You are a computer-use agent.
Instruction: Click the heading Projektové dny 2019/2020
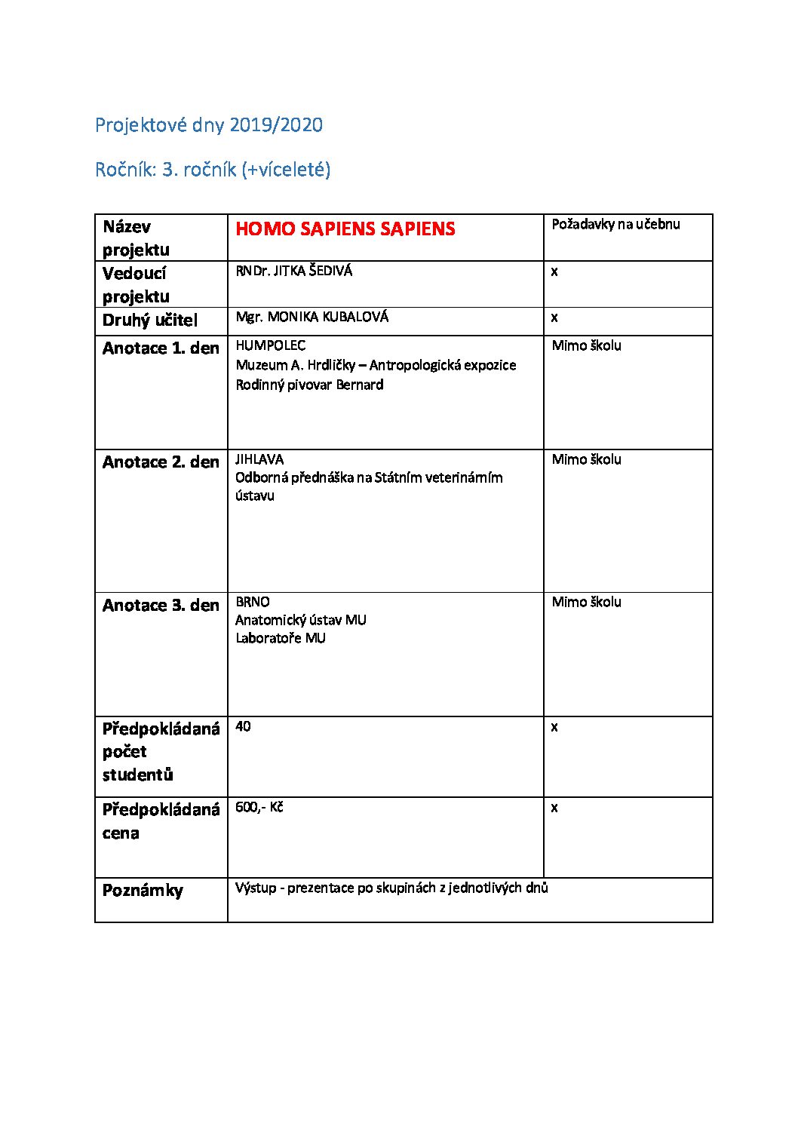pyautogui.click(x=209, y=125)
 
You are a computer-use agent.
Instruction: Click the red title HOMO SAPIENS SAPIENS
pyautogui.click(x=345, y=229)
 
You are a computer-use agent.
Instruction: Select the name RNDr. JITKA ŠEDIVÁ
pyautogui.click(x=293, y=271)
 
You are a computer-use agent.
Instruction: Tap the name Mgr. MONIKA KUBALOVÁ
pyautogui.click(x=312, y=318)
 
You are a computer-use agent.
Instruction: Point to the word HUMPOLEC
pyautogui.click(x=270, y=345)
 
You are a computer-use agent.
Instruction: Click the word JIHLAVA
pyautogui.click(x=259, y=459)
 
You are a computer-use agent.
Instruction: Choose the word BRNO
pyautogui.click(x=252, y=602)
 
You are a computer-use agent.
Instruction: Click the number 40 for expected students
pyautogui.click(x=243, y=726)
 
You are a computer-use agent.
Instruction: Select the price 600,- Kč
pyautogui.click(x=259, y=807)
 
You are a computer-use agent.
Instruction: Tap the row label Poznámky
pyautogui.click(x=143, y=891)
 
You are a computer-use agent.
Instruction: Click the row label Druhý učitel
pyautogui.click(x=150, y=321)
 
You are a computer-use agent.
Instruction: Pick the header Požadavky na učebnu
pyautogui.click(x=615, y=224)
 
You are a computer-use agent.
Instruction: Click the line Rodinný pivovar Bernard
pyautogui.click(x=309, y=385)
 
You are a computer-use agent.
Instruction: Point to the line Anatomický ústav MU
pyautogui.click(x=300, y=620)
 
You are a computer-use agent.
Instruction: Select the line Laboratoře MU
pyautogui.click(x=280, y=638)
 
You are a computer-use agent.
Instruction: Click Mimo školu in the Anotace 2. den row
pyautogui.click(x=586, y=459)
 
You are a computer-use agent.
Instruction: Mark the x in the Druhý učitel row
pyautogui.click(x=554, y=318)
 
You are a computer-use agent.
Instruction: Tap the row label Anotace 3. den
pyautogui.click(x=161, y=606)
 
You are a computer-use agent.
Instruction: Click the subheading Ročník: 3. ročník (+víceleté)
pyautogui.click(x=213, y=170)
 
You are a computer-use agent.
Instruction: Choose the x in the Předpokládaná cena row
pyautogui.click(x=554, y=808)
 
